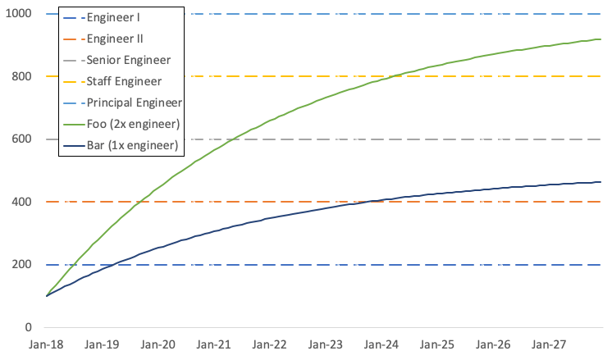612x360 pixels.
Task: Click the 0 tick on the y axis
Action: [28, 327]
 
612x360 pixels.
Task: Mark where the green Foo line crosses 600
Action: [232, 139]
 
